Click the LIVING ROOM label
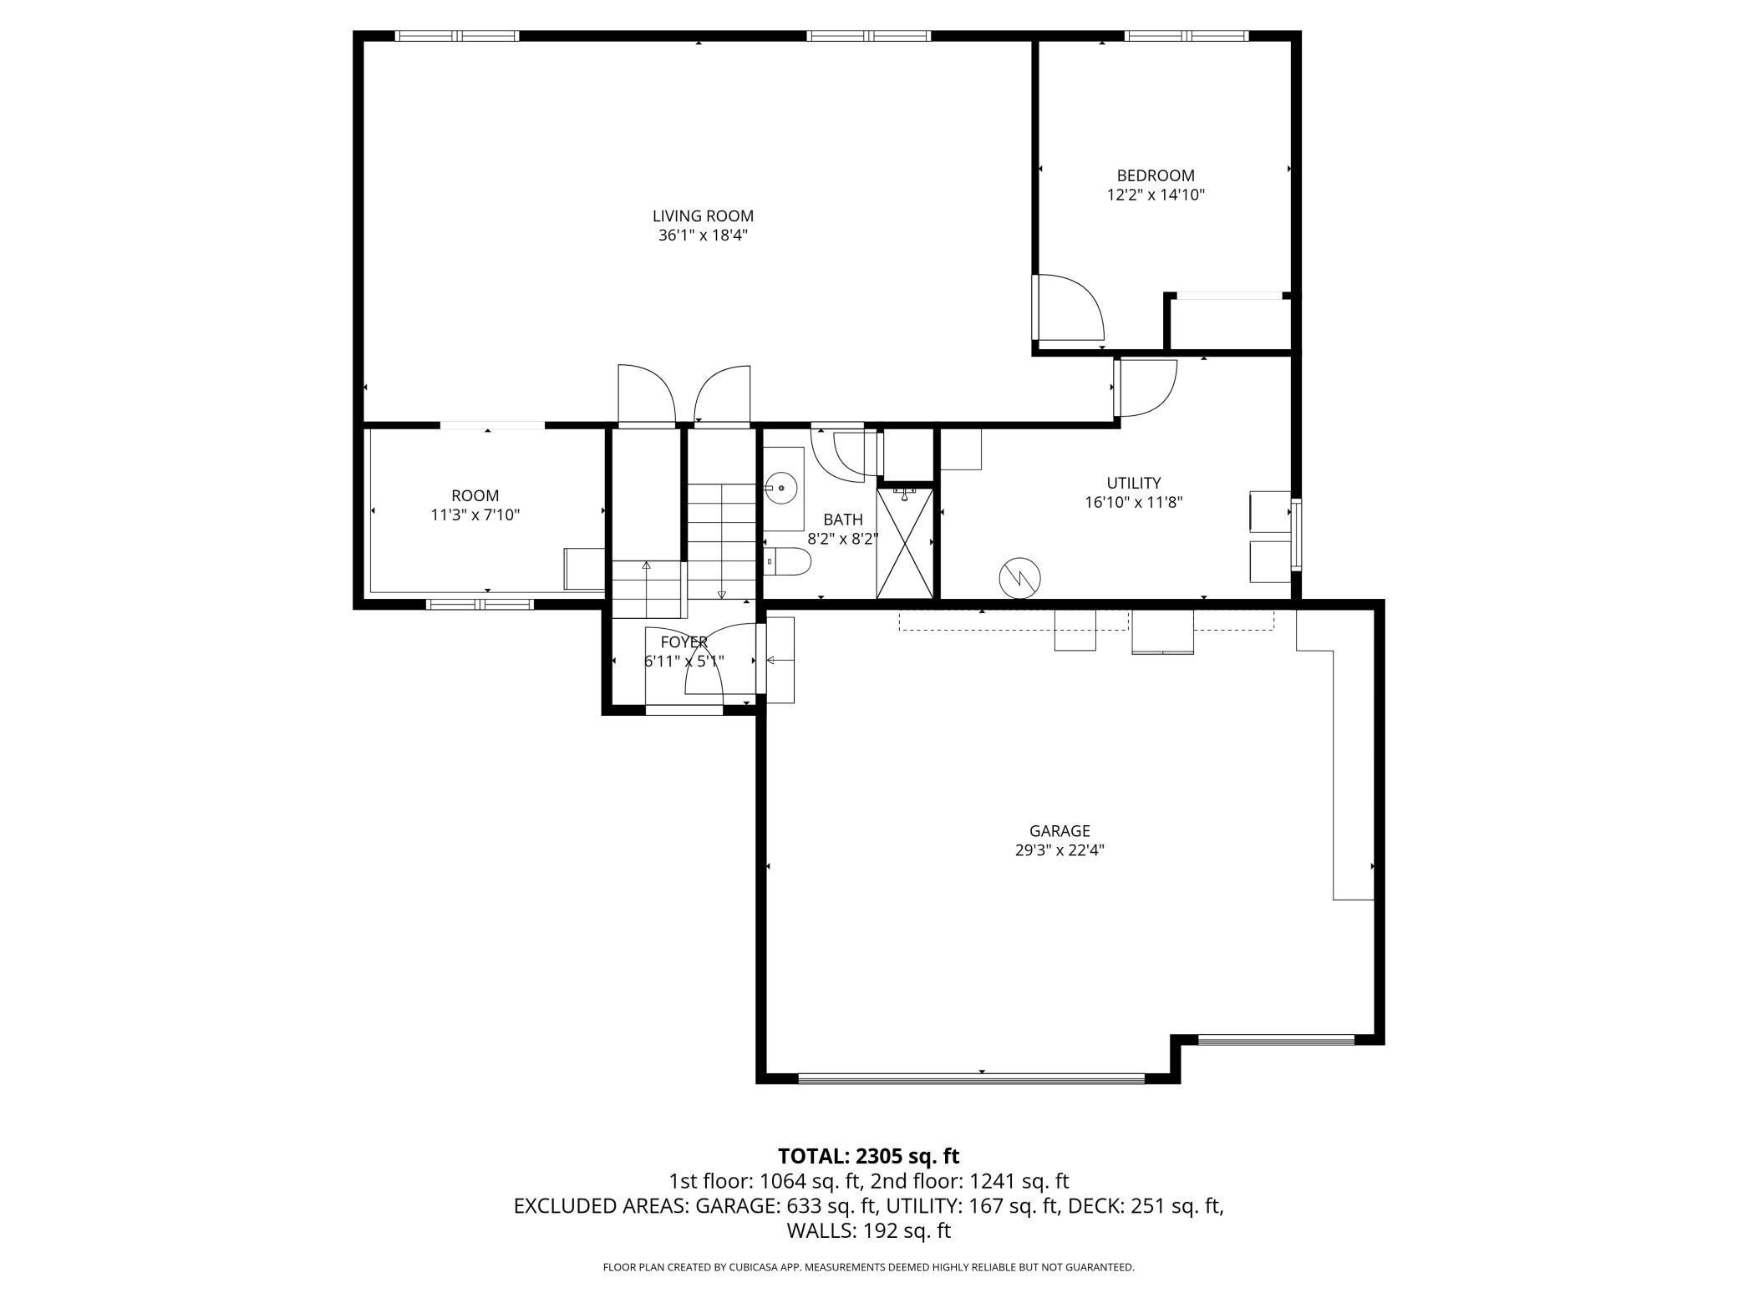703,215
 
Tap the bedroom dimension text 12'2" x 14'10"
1156,195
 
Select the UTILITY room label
1133,483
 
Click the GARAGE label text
1060,830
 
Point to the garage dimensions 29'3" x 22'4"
1060,850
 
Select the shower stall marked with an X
904,543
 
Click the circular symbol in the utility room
1020,577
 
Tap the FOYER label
684,641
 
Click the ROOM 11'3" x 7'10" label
475,504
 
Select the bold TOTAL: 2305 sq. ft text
868,1156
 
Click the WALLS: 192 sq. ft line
868,1230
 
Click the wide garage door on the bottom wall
971,1077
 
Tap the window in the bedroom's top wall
1186,36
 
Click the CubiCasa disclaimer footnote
868,1267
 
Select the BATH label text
842,520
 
